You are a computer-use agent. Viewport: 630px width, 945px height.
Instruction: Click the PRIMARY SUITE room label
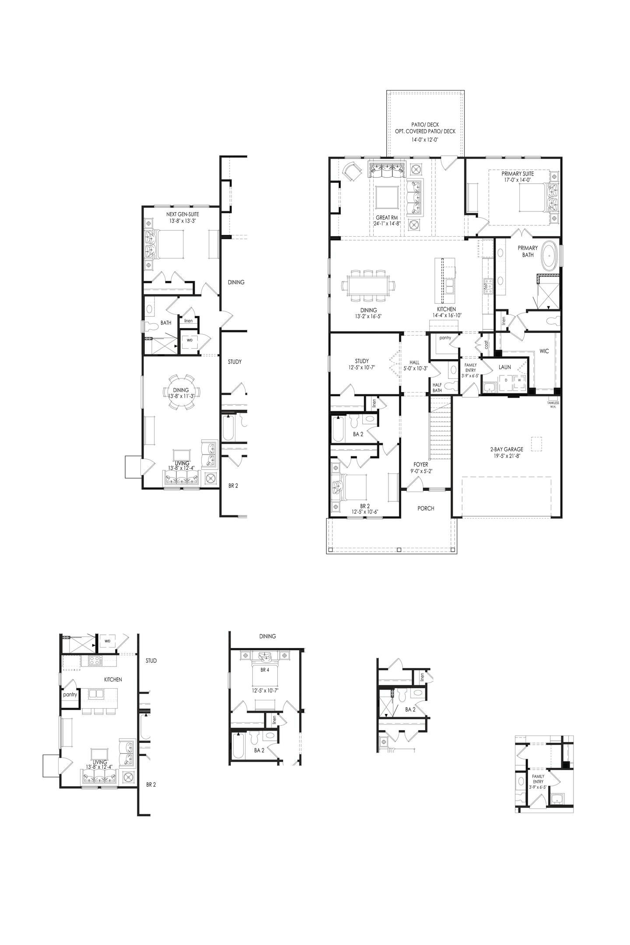[x=518, y=174]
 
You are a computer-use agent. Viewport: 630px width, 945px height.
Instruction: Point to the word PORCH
[x=426, y=508]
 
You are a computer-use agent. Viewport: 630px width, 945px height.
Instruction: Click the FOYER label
[x=421, y=465]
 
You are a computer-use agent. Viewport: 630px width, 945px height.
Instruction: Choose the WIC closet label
[x=544, y=351]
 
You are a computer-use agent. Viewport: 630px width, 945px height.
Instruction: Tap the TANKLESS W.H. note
[x=553, y=405]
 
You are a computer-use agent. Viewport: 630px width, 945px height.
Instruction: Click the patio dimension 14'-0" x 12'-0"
[x=425, y=140]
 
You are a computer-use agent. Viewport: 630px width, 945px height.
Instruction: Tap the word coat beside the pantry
[x=486, y=344]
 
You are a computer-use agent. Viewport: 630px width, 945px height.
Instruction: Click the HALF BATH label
[x=437, y=388]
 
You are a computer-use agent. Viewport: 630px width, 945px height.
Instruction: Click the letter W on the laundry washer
[x=519, y=380]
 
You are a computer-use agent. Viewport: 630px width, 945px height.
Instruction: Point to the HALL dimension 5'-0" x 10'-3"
[x=414, y=368]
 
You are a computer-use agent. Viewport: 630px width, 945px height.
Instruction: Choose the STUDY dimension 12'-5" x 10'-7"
[x=362, y=367]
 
